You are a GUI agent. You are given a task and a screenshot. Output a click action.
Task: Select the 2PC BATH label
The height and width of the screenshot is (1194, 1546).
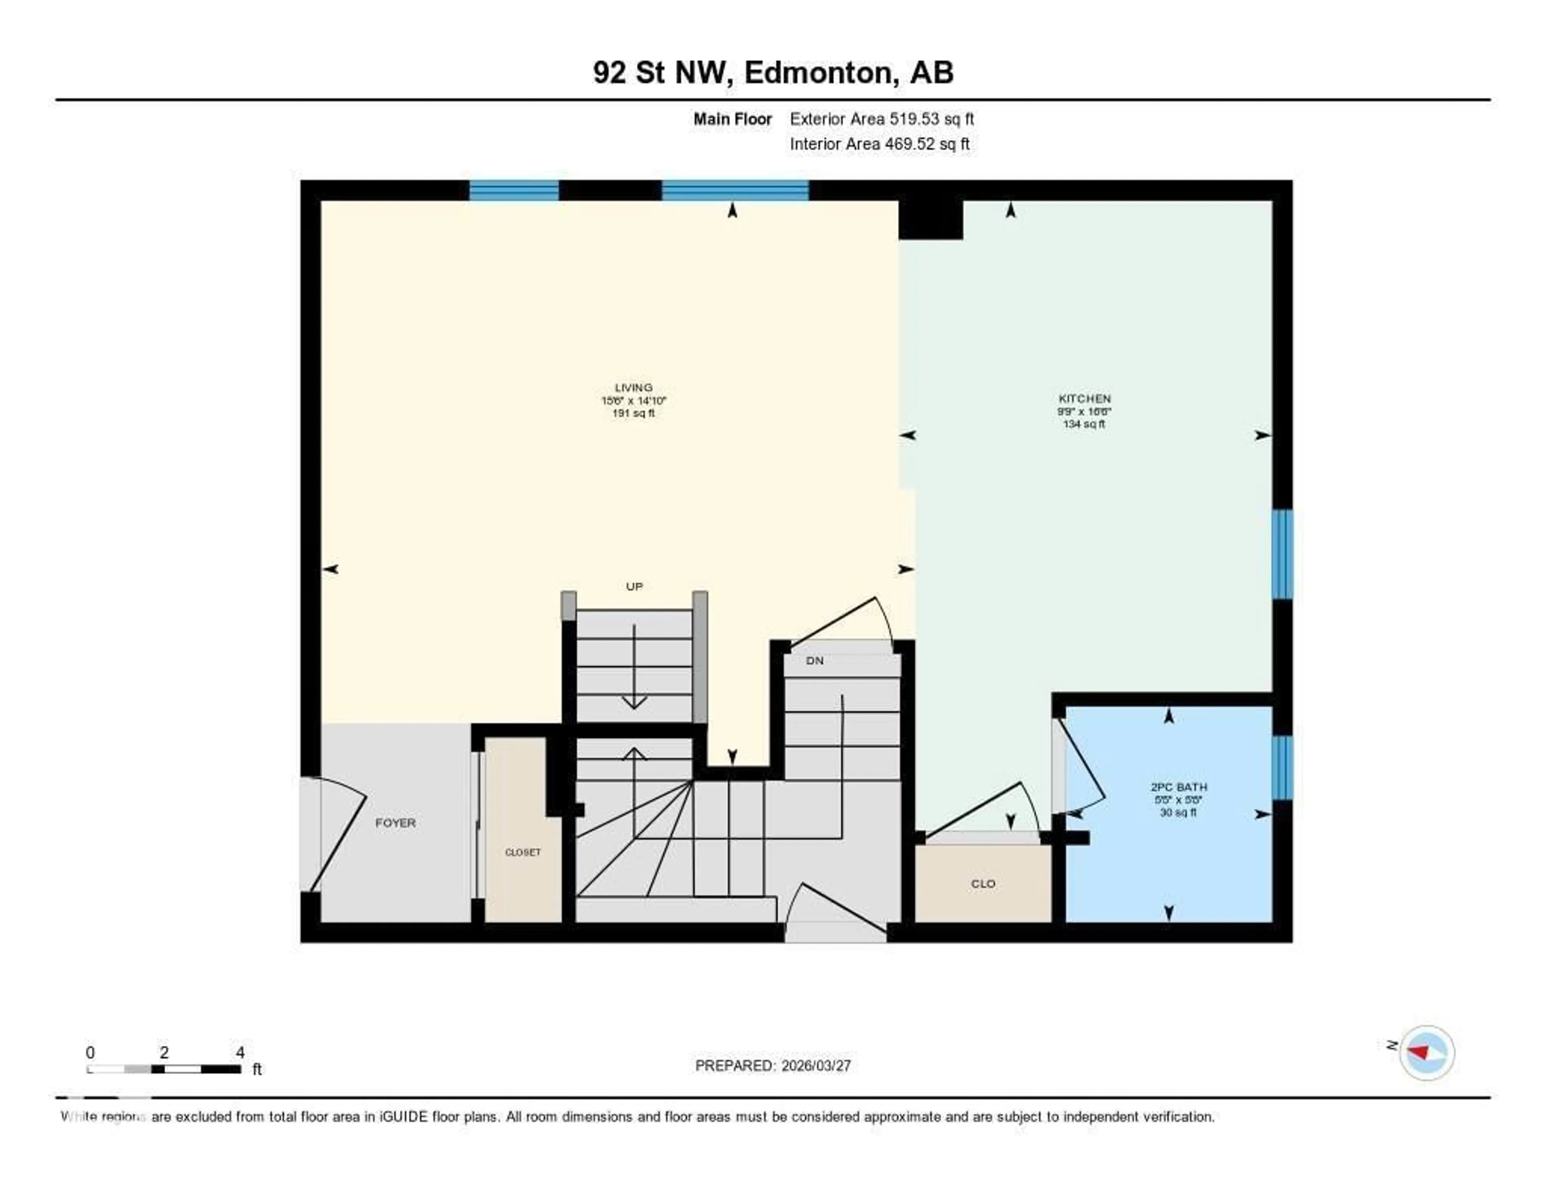(1178, 787)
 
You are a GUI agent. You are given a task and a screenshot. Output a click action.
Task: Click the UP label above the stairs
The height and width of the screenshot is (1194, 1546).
(634, 587)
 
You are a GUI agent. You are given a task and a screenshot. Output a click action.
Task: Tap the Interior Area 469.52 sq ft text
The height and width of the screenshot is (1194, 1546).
(879, 145)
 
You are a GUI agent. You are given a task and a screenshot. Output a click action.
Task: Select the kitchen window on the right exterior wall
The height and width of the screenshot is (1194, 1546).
(1282, 554)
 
